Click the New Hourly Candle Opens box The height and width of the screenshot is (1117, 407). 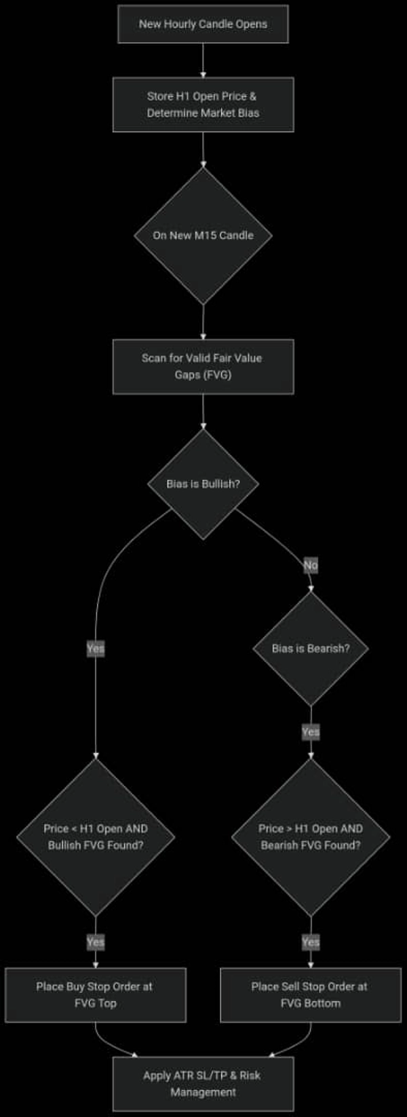(203, 24)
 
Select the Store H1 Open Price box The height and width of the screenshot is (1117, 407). (203, 105)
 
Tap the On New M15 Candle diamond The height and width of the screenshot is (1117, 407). (203, 236)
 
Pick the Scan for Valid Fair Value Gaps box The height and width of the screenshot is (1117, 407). (203, 367)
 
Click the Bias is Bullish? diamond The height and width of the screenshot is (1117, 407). (203, 484)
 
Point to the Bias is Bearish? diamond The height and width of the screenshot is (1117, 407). (311, 648)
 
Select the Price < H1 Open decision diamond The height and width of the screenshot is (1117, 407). (96, 837)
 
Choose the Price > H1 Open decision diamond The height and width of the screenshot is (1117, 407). (311, 837)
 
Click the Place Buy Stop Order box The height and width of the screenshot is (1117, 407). (96, 995)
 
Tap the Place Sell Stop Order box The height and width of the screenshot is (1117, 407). (311, 995)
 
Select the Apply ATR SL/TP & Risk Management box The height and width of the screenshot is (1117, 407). (203, 1084)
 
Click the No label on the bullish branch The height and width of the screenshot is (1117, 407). (311, 565)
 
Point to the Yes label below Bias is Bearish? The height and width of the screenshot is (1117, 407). (311, 732)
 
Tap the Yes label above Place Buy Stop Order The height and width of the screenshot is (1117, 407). (96, 942)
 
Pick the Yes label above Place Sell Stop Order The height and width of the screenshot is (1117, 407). (311, 942)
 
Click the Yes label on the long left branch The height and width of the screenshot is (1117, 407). (96, 648)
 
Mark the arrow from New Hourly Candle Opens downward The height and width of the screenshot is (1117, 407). (203, 60)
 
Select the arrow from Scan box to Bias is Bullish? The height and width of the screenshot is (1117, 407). (203, 411)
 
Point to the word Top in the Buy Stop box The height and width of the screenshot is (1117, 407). (107, 1004)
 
